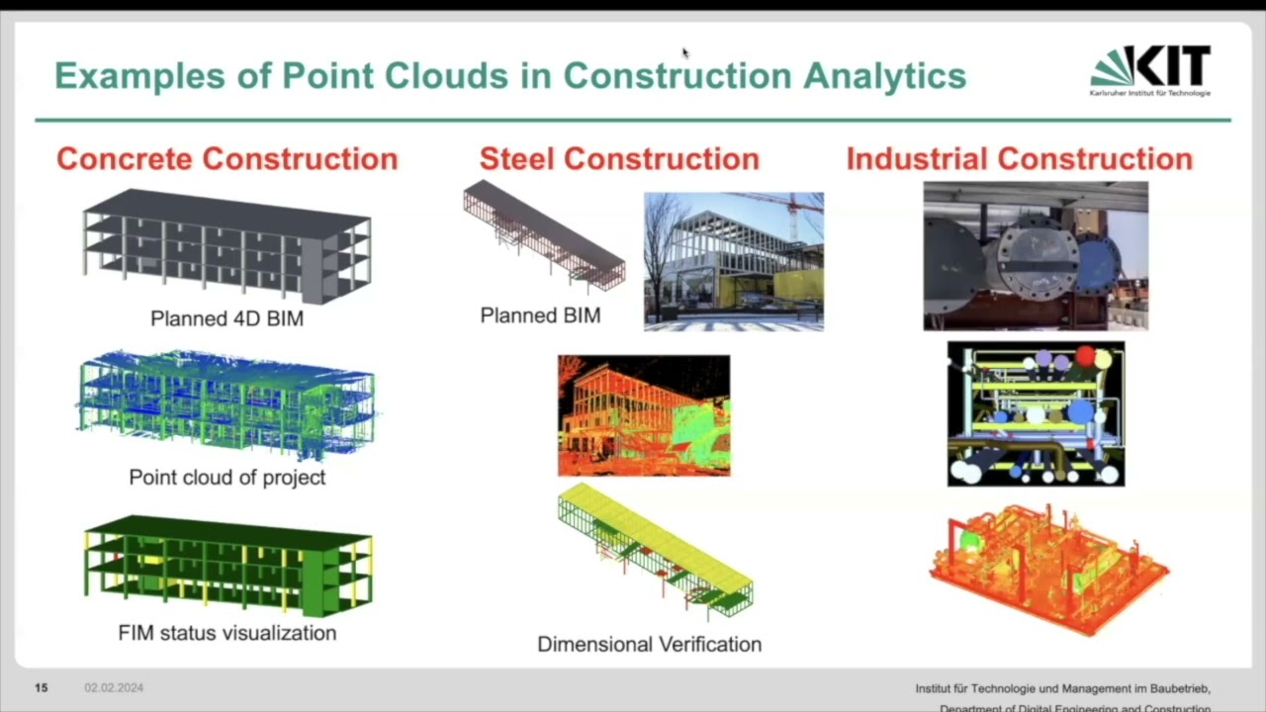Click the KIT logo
point(1150,70)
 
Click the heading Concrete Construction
point(226,159)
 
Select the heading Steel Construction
point(619,159)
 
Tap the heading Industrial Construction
point(1019,159)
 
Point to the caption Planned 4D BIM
point(226,318)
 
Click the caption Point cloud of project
point(226,477)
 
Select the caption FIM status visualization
point(226,633)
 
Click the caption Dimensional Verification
point(649,645)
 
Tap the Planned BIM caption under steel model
point(540,315)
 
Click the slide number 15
point(42,687)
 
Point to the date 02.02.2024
point(114,687)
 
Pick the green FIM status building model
point(226,564)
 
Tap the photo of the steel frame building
point(733,261)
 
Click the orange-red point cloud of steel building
point(644,415)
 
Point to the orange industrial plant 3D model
point(1048,569)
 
